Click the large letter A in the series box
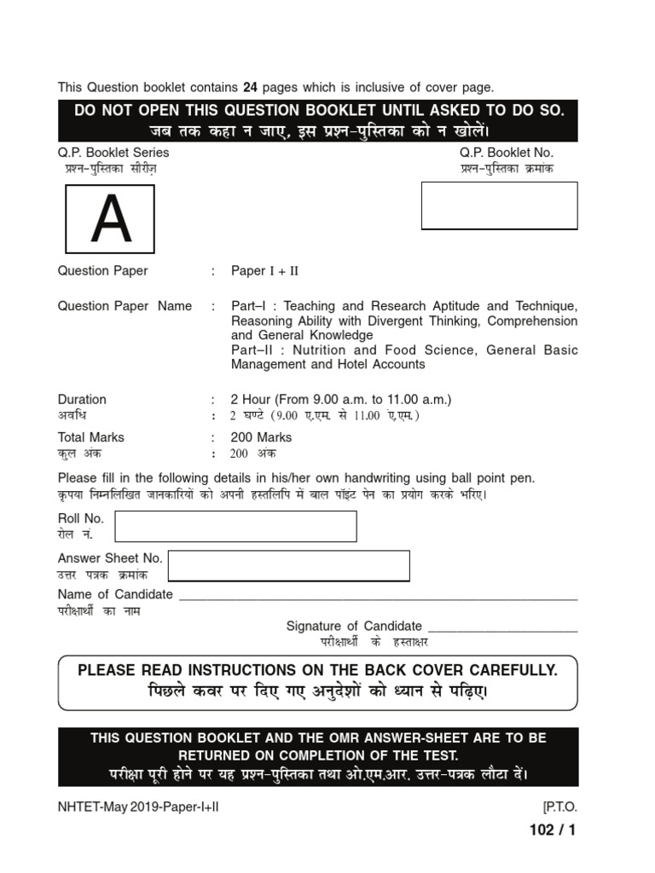[x=111, y=220]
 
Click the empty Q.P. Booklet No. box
[x=499, y=205]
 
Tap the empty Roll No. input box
[x=235, y=526]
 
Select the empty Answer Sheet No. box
[x=289, y=566]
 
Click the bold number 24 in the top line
[x=251, y=87]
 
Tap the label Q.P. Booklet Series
[x=113, y=153]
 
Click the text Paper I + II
[x=265, y=271]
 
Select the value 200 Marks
[x=262, y=437]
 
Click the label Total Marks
[x=90, y=437]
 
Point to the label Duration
[x=82, y=399]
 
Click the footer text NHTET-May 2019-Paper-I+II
[x=138, y=807]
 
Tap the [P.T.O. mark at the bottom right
[x=559, y=807]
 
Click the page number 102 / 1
[x=553, y=830]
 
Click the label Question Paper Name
[x=125, y=306]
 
